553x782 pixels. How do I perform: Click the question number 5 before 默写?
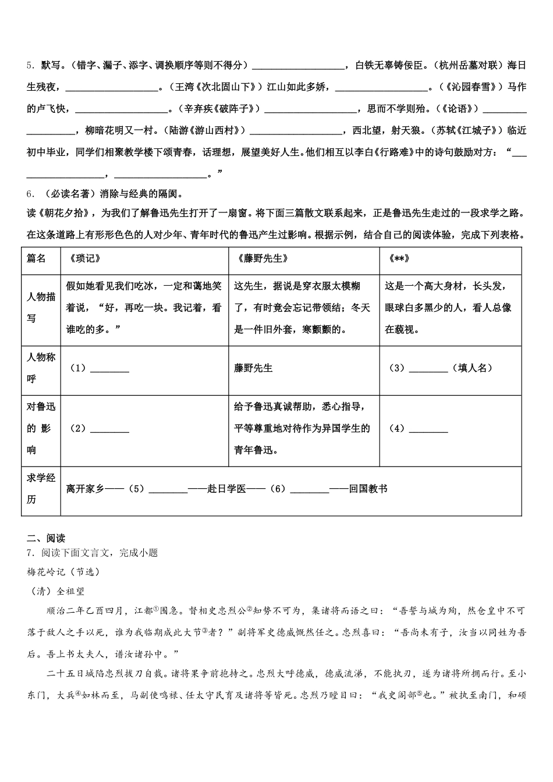point(30,65)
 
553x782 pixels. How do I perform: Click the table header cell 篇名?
point(36,259)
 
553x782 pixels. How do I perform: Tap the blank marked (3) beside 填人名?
point(428,368)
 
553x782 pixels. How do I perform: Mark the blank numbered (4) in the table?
point(428,429)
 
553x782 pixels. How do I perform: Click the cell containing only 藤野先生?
point(253,368)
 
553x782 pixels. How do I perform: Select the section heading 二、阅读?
point(45,538)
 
